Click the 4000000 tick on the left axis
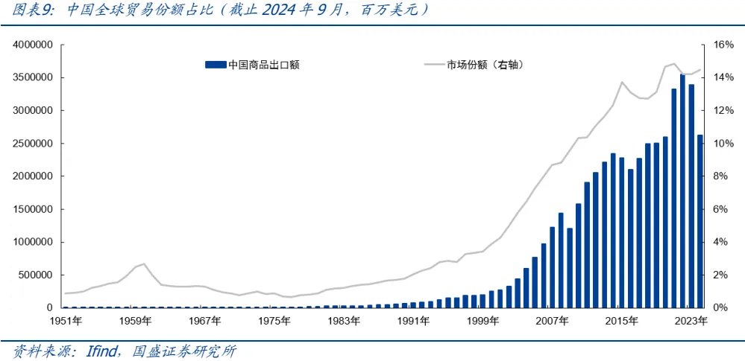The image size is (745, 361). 31,45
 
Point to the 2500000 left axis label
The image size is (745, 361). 31,144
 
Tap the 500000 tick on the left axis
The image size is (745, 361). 34,275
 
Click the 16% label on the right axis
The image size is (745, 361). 724,45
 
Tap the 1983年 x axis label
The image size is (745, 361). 345,321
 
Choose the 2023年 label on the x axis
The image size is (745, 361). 691,321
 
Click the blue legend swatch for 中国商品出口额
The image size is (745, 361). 215,65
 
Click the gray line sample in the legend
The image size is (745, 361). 433,65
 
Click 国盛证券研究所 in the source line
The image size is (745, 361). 183,350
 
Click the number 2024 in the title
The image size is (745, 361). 269,10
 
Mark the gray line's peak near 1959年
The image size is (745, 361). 143,263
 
